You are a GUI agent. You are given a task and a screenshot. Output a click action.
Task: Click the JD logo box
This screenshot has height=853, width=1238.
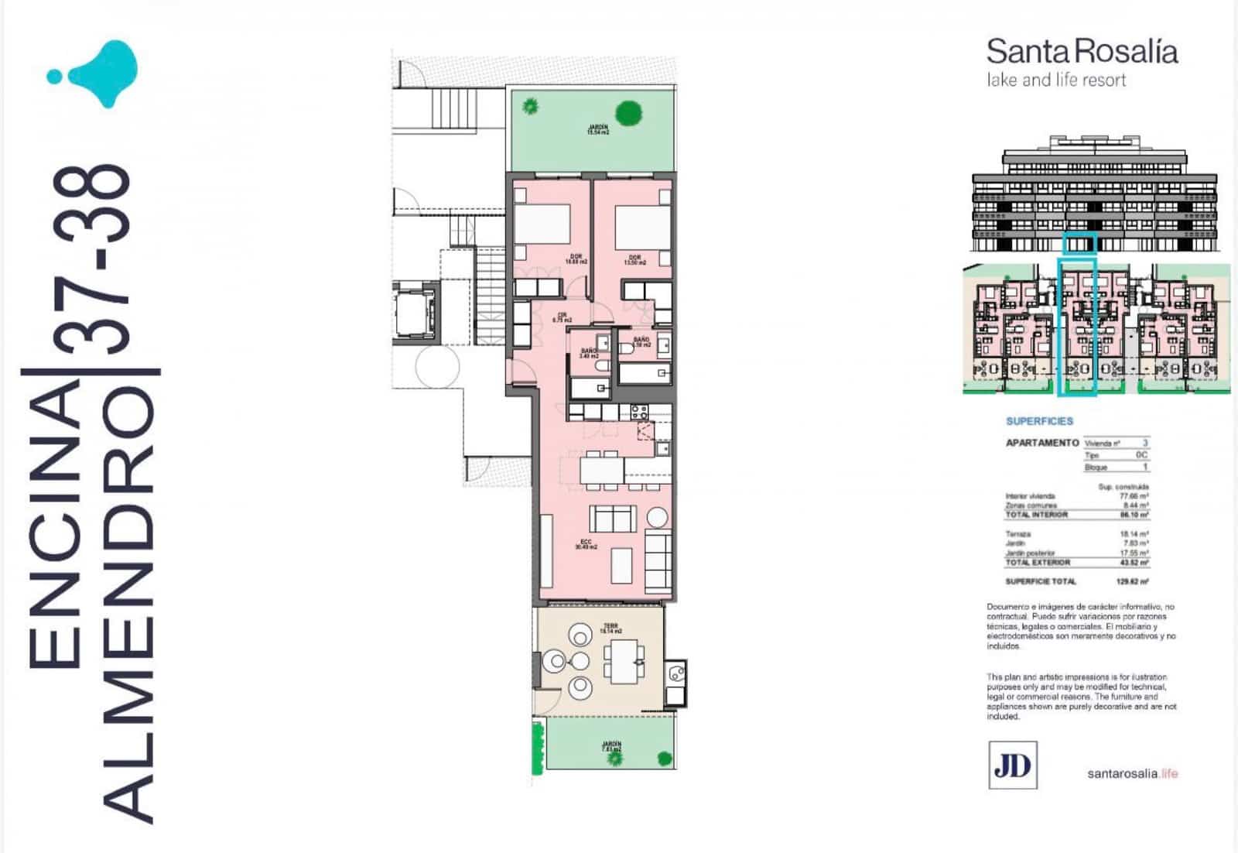[1012, 765]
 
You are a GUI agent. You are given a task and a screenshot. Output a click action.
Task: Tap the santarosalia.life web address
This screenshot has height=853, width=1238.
[1132, 773]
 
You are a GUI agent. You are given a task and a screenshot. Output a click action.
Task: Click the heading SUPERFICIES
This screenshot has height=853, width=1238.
[1039, 421]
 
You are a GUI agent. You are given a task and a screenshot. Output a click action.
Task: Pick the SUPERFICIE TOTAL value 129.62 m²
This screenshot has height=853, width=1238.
[1133, 581]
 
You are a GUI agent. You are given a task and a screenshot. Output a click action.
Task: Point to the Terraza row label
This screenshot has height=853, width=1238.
[1017, 534]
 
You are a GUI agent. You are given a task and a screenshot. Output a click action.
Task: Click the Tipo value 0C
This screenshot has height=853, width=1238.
[1141, 455]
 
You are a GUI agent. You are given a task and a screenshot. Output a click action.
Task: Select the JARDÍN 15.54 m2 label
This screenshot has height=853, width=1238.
[597, 129]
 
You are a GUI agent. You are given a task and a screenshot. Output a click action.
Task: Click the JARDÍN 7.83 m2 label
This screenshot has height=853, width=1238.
[611, 747]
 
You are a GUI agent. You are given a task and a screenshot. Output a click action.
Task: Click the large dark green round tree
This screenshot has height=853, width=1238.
[629, 113]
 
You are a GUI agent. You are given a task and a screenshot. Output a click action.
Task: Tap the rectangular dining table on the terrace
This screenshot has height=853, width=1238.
[624, 661]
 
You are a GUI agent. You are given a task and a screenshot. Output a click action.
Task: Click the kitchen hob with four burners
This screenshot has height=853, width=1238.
[638, 411]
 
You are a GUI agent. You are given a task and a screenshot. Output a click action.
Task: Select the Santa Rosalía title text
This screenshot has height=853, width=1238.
[1081, 52]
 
